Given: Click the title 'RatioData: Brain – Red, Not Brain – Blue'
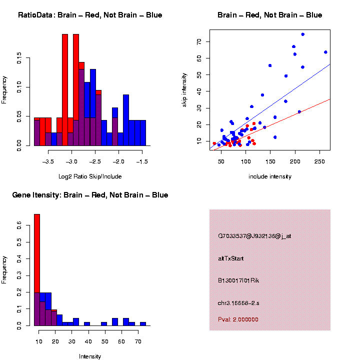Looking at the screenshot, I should click(90, 15).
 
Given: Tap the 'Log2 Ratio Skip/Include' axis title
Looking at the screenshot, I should click(90, 176).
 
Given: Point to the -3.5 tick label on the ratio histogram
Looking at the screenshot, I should click(48, 161).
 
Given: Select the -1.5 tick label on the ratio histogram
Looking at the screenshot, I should click(142, 161).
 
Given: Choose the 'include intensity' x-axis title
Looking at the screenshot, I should click(270, 176).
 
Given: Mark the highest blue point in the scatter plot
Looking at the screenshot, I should click(302, 34).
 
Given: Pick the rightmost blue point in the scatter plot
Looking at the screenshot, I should click(325, 52).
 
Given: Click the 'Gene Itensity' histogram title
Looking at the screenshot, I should click(90, 195).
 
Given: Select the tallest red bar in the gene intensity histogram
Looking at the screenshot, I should click(36, 270).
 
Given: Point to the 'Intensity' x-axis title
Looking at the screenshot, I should click(90, 356).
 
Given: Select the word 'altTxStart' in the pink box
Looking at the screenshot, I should click(230, 258).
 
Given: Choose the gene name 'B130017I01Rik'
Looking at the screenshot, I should click(238, 280).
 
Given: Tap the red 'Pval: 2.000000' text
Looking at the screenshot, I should click(238, 319).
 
